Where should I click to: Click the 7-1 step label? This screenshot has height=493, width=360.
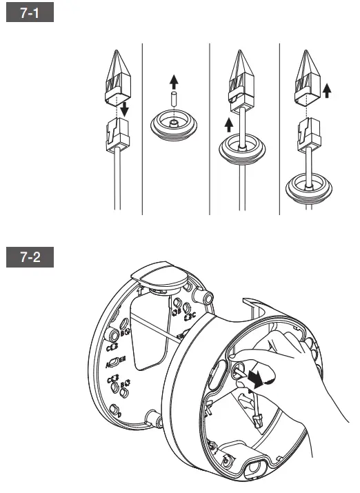30,13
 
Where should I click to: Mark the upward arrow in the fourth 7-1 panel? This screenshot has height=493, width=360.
327,88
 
